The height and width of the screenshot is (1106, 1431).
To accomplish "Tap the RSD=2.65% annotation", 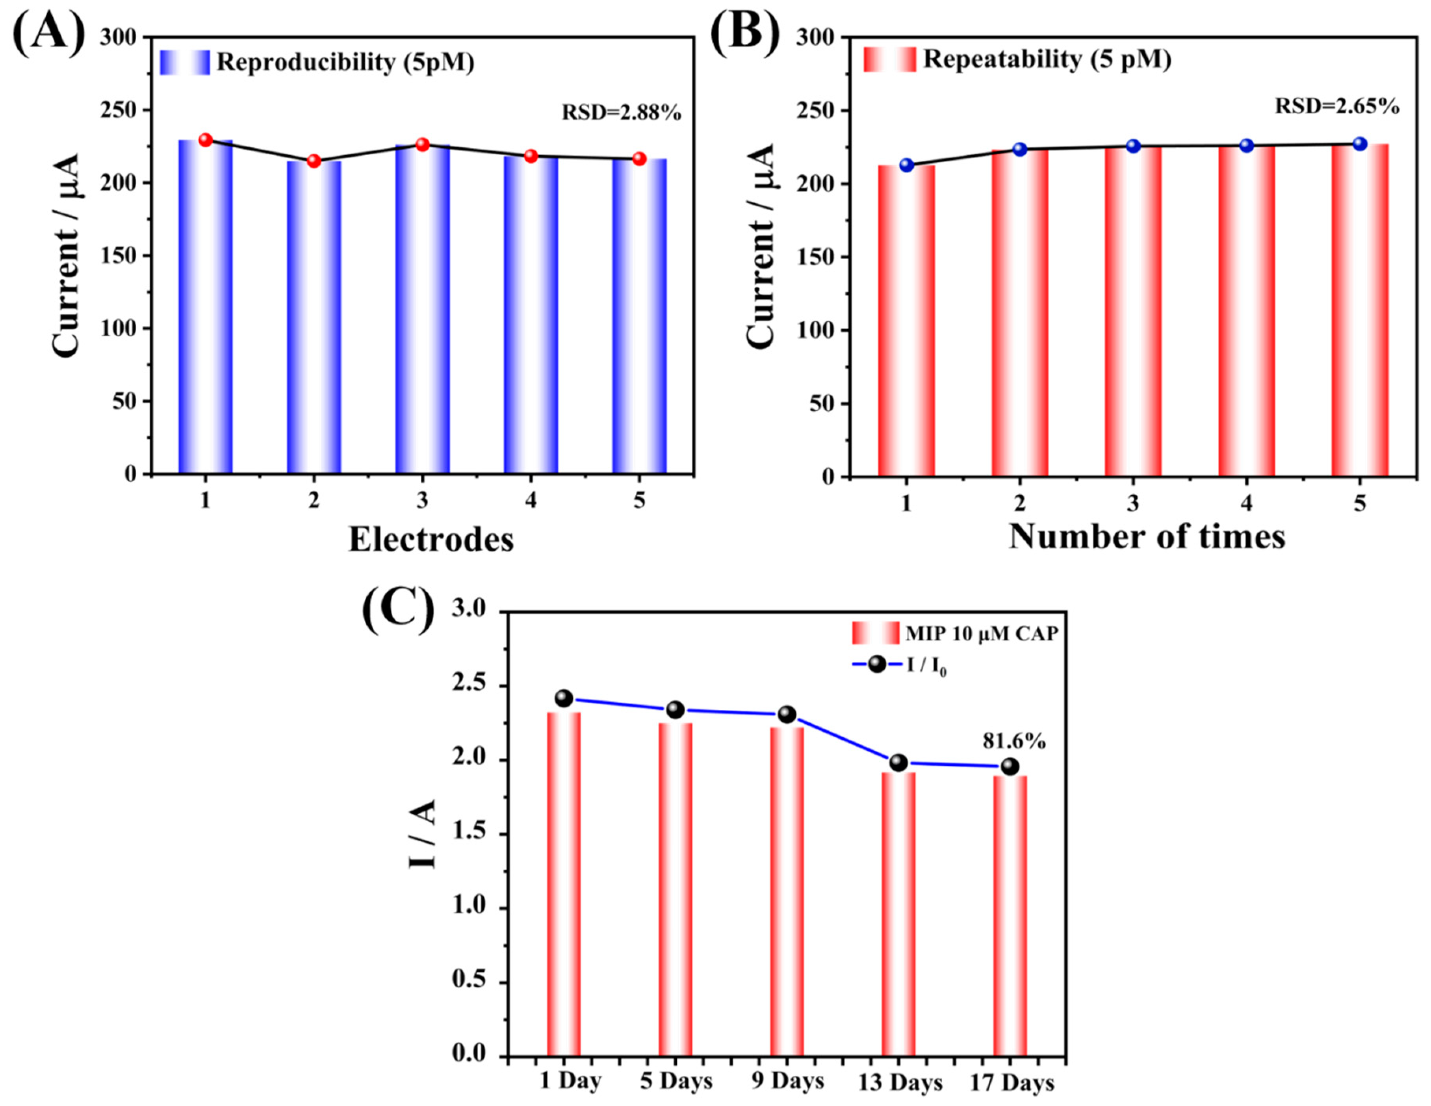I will [1336, 106].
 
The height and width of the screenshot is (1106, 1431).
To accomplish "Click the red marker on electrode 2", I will [314, 161].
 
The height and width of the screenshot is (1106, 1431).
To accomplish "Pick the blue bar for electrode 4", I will [531, 314].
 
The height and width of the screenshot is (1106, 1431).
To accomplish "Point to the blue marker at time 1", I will [907, 165].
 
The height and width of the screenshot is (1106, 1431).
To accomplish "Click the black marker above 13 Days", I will [898, 762].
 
